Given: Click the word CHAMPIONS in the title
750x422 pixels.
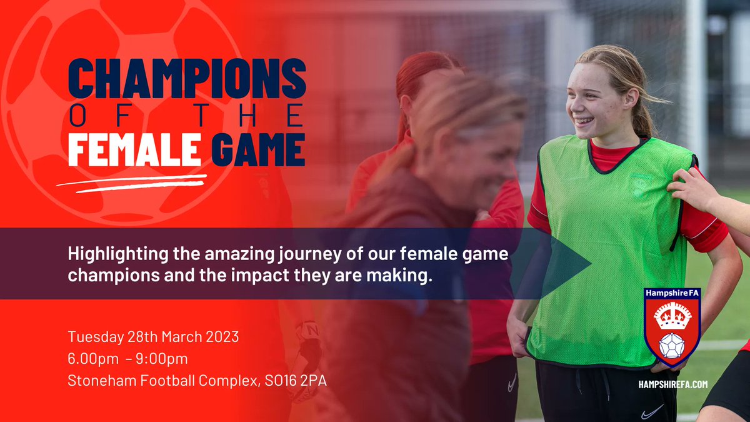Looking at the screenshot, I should (187, 79).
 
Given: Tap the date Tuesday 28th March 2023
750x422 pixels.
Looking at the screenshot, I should (153, 336).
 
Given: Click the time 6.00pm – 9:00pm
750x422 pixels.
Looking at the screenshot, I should (127, 358).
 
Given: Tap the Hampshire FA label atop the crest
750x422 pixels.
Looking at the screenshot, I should (672, 293).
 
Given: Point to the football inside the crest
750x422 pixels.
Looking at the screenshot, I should (672, 346).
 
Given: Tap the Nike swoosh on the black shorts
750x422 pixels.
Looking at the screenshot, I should (652, 411).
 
